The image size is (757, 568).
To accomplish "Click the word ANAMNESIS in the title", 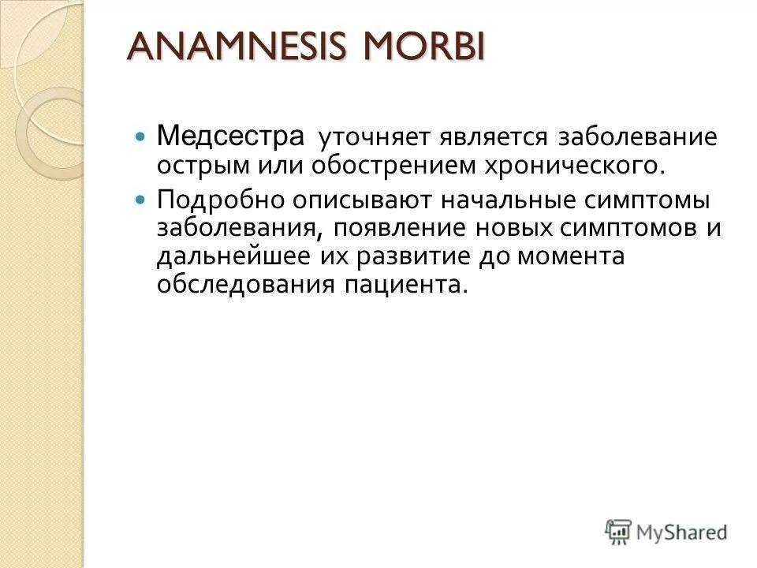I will (x=229, y=48).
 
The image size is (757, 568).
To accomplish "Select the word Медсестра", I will (x=230, y=136).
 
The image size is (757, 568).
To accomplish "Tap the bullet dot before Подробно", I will (x=140, y=200).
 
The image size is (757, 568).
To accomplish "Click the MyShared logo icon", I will (x=618, y=530).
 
